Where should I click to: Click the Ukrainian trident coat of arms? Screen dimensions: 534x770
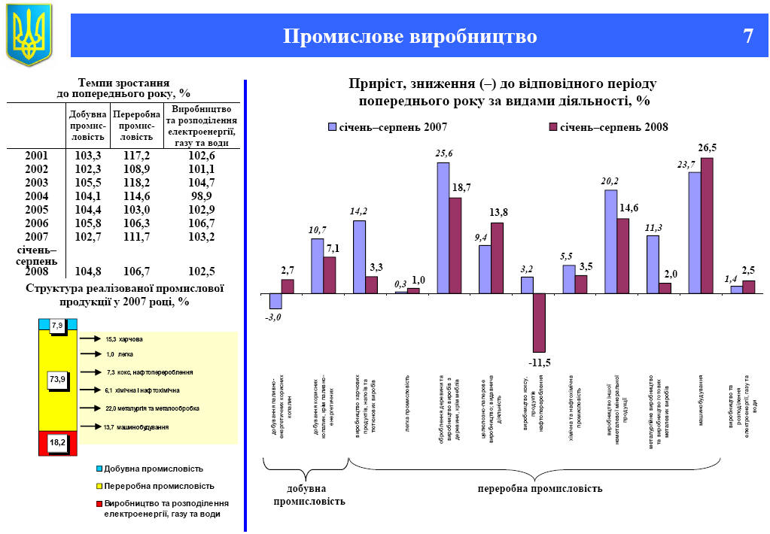click(x=29, y=34)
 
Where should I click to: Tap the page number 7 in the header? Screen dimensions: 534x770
click(x=747, y=36)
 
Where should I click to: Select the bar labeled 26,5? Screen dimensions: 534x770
click(x=706, y=225)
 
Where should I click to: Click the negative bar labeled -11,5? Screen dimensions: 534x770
click(x=539, y=322)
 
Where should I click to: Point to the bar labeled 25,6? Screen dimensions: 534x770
click(x=443, y=227)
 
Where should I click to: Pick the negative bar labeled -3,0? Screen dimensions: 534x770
click(x=275, y=301)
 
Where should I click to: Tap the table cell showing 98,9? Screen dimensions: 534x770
click(x=201, y=196)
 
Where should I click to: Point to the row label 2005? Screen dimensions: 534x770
click(x=36, y=210)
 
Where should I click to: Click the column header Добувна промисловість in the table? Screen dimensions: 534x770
click(x=87, y=126)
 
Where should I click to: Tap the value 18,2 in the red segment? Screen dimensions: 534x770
click(x=58, y=444)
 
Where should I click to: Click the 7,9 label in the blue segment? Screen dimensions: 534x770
click(x=58, y=325)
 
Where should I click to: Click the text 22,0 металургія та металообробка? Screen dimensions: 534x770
click(x=152, y=408)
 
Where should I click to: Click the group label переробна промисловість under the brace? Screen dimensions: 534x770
click(x=540, y=489)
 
